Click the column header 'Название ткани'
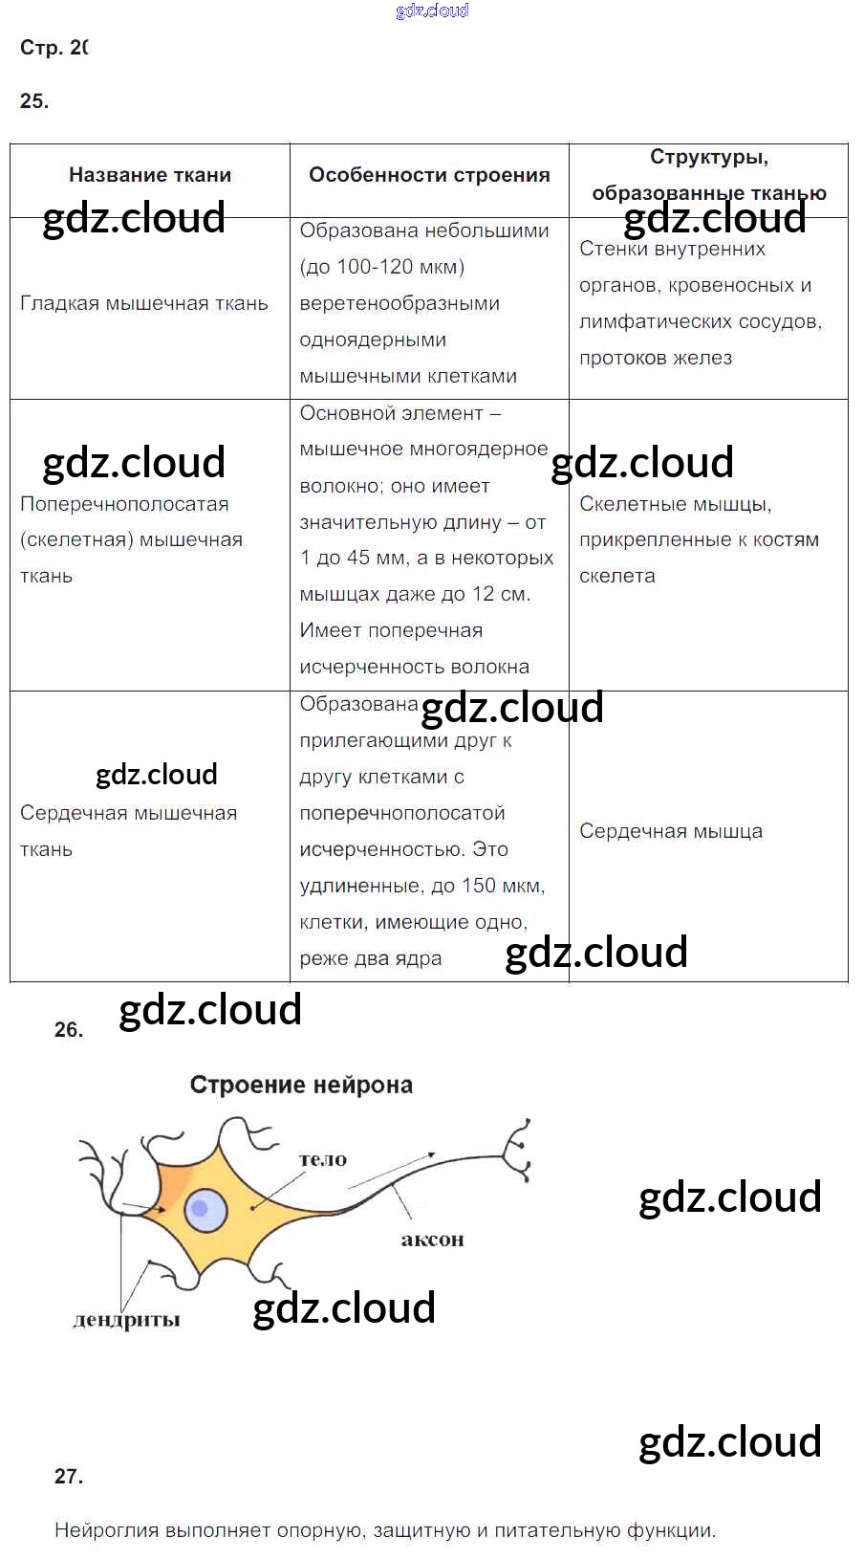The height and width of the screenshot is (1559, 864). click(x=150, y=175)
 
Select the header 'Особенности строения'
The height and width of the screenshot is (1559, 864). click(x=429, y=175)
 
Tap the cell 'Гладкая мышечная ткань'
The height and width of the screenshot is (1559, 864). click(x=144, y=304)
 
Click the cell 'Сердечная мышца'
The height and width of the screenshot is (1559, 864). click(x=671, y=831)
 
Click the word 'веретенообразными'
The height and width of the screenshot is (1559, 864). click(x=400, y=303)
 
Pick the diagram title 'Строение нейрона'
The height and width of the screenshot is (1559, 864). click(x=301, y=1085)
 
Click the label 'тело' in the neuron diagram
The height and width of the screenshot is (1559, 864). click(x=323, y=1159)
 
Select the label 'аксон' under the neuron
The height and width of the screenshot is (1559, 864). click(x=432, y=1240)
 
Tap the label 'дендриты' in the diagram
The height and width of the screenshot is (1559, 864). click(x=126, y=1321)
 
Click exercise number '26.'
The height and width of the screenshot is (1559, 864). click(x=69, y=1030)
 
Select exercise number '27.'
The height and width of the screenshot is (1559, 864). click(x=69, y=1477)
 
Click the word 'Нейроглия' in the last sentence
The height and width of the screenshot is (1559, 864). click(x=106, y=1530)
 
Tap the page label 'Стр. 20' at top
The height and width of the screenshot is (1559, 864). click(x=54, y=48)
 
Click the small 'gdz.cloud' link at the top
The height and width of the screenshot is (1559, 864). click(x=432, y=11)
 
